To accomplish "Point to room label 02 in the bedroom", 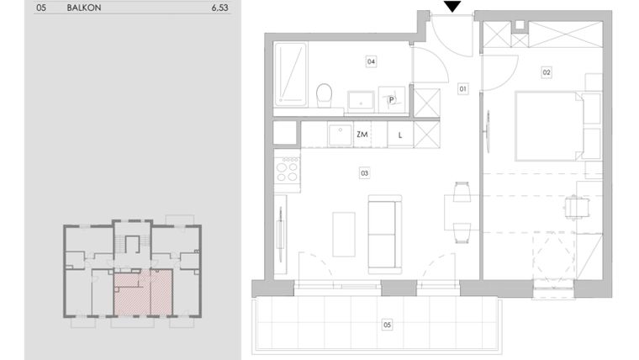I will tap(547, 73).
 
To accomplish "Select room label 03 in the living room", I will tap(364, 174).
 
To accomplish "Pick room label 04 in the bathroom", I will tap(370, 61).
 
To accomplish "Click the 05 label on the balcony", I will tap(387, 323).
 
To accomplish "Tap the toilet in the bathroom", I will tap(322, 95).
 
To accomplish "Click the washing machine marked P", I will tap(392, 99).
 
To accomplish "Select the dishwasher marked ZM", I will tap(362, 135).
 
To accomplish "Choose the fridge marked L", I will tap(400, 135).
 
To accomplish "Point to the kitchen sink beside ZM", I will tap(340, 134).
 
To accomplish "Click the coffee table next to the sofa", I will tap(344, 234).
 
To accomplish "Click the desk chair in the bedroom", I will tap(575, 205).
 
